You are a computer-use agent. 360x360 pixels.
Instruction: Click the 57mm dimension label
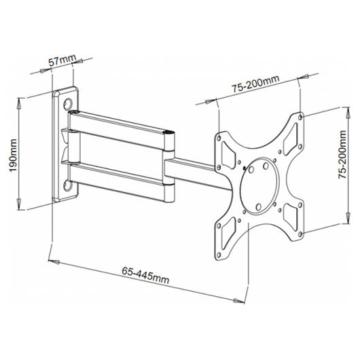click(x=62, y=60)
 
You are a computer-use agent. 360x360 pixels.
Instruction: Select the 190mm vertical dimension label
click(x=13, y=155)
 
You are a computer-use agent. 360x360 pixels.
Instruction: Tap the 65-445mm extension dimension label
click(x=145, y=275)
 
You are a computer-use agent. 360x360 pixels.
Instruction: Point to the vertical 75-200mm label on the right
click(x=342, y=154)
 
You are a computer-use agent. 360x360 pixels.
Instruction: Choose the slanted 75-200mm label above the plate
click(x=255, y=84)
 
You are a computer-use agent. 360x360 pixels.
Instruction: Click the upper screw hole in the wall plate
click(x=68, y=104)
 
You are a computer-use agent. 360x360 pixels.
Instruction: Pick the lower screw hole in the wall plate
click(x=68, y=185)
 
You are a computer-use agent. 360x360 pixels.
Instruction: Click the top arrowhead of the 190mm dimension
click(x=19, y=103)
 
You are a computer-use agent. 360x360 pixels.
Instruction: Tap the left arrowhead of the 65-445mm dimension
click(x=54, y=262)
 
